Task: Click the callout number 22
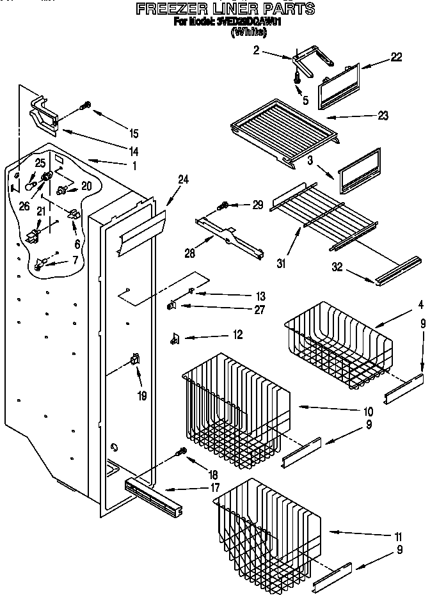point(396,58)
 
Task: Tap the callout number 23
point(383,116)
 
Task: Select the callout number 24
point(184,180)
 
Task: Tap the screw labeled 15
point(84,106)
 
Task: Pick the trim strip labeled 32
point(393,276)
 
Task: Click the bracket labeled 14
point(44,114)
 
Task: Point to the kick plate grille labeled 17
point(154,498)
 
